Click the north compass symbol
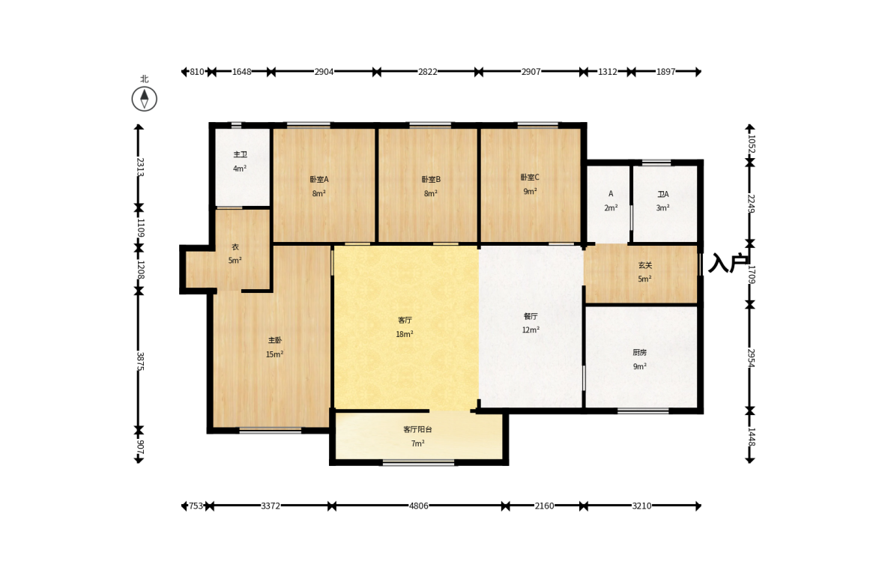pos(145,99)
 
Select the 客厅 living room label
pos(405,320)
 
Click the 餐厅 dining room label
pos(531,316)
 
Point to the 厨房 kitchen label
pos(639,353)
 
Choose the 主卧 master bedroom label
pos(274,340)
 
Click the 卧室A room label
pos(319,179)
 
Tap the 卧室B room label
pos(431,179)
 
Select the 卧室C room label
pos(530,177)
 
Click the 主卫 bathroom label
pos(241,154)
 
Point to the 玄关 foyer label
pos(645,264)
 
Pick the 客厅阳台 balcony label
pos(417,429)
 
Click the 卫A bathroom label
pos(663,194)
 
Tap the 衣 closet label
pos(235,246)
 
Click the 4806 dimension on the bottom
pos(418,506)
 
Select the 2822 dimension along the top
pos(427,71)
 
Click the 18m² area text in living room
pos(405,334)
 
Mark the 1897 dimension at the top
pos(665,71)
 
